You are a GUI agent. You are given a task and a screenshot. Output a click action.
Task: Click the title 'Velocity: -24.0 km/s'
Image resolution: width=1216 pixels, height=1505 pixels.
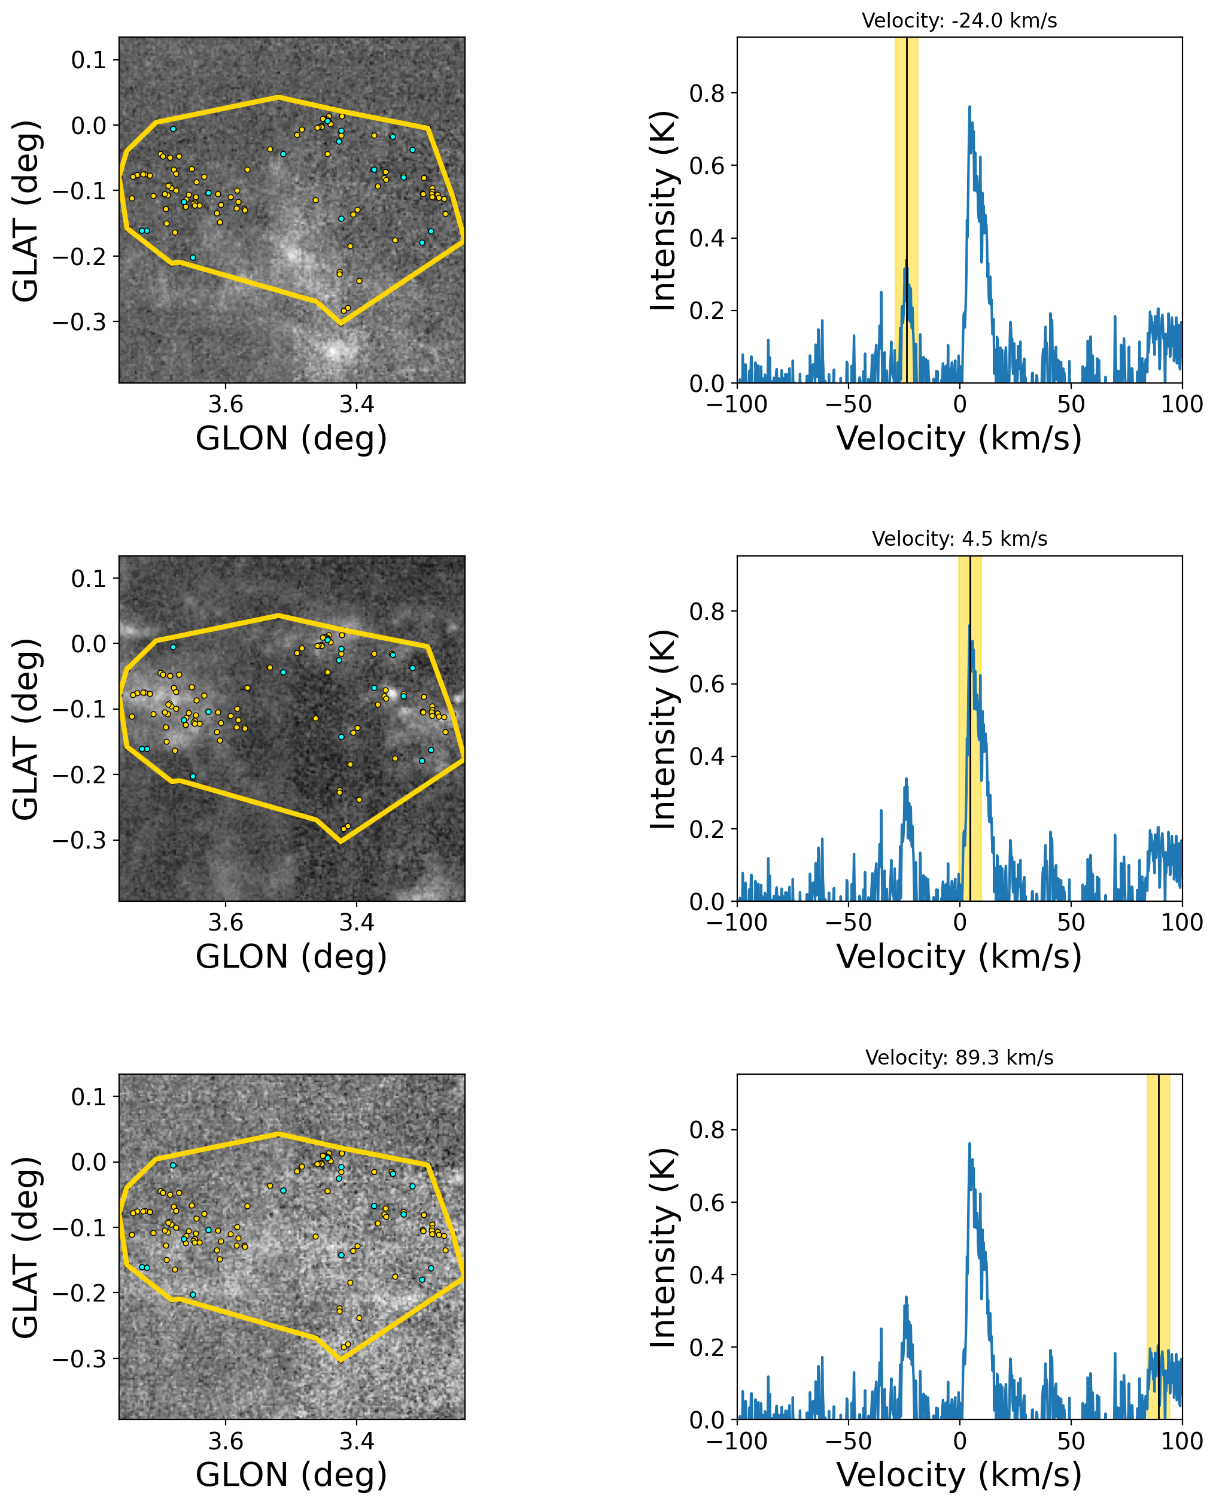959,21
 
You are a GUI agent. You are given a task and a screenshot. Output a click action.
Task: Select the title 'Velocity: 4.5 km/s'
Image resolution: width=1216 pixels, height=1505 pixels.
959,539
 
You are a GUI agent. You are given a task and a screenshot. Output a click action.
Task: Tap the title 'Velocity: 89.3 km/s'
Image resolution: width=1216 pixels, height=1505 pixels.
959,1057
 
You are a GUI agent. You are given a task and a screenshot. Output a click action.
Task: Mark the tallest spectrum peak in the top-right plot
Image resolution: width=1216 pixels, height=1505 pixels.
969,107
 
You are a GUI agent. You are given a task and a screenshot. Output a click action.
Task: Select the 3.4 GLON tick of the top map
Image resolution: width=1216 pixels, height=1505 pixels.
357,405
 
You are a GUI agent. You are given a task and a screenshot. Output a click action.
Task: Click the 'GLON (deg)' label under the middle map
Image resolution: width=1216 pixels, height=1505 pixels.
291,957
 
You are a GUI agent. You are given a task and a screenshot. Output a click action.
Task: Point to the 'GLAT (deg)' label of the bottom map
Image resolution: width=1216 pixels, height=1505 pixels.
26,1246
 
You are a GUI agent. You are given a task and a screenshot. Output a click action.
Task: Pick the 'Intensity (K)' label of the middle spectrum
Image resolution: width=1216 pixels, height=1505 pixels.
662,729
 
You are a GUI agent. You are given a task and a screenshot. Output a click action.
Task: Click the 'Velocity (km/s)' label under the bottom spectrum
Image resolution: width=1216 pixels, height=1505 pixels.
959,1475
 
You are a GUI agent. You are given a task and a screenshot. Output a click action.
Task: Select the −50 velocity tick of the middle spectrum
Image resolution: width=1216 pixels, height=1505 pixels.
848,923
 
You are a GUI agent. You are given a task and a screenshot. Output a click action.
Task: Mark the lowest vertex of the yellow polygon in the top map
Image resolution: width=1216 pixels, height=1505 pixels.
341,324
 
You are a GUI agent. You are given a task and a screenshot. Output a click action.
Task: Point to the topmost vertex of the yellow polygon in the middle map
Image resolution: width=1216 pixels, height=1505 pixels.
278,615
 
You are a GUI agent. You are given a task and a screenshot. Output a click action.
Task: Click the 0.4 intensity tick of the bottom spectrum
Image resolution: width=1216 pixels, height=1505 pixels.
707,1275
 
